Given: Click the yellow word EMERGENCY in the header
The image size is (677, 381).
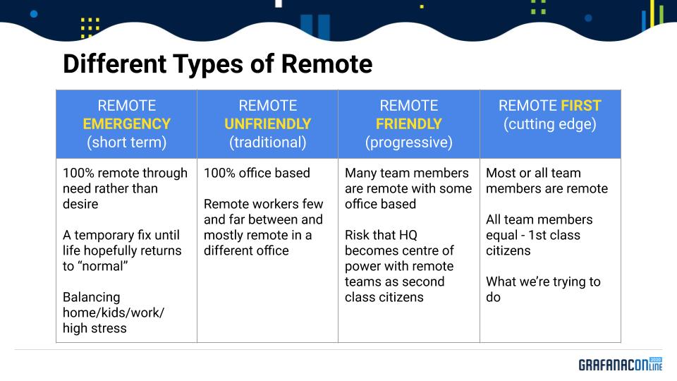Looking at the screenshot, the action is click(126, 124).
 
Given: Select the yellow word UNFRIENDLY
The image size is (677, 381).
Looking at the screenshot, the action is click(268, 124).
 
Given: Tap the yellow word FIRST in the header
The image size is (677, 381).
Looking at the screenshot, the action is click(580, 105).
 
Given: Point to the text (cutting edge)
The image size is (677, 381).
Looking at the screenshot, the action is click(549, 124).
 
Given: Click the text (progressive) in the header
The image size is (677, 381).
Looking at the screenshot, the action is click(409, 143).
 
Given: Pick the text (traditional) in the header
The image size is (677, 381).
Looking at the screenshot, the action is click(268, 143).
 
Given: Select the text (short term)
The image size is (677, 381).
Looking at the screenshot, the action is click(126, 143).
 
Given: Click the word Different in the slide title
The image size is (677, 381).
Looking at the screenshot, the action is click(114, 64).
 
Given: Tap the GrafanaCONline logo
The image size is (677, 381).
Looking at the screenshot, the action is click(621, 364).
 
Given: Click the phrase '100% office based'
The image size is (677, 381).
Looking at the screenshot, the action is click(257, 173).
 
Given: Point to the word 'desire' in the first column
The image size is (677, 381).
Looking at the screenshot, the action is click(80, 204).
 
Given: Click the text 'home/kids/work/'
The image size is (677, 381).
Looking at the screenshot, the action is click(114, 313).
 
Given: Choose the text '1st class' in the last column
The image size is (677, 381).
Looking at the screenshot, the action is click(554, 235).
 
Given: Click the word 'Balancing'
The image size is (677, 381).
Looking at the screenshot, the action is click(92, 297).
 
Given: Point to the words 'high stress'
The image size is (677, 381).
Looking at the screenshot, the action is click(94, 328).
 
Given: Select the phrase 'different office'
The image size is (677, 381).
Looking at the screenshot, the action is click(246, 250).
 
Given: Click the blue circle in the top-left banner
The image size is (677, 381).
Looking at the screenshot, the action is click(34, 14).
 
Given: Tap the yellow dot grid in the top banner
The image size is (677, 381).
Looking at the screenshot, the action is click(90, 28).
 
